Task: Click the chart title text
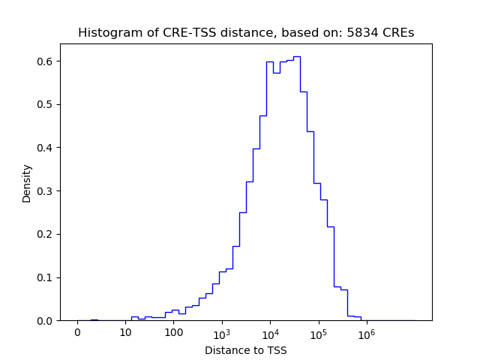pos(246,33)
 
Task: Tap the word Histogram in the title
pos(106,33)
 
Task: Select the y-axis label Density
pos(27,183)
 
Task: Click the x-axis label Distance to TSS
pos(246,350)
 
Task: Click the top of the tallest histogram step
pos(297,56)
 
